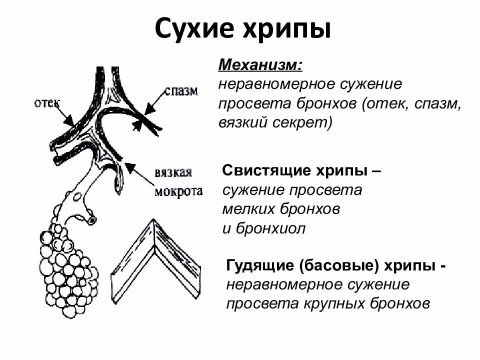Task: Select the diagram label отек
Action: [x=47, y=103]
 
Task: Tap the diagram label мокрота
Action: [x=177, y=191]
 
